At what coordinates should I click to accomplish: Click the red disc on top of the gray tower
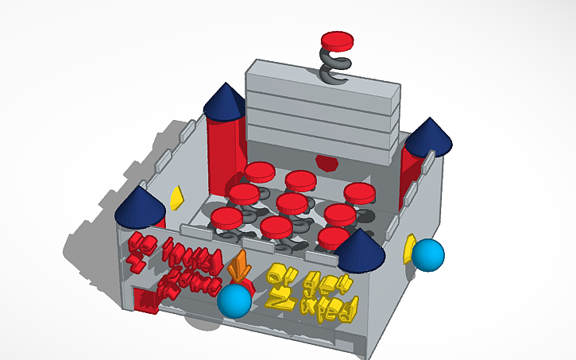point(336,39)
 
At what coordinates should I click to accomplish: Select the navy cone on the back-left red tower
point(224,101)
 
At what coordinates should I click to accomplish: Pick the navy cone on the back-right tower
point(430,136)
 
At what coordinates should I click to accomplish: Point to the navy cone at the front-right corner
point(359,250)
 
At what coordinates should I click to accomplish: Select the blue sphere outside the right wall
point(428,254)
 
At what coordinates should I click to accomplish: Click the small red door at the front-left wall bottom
point(145,300)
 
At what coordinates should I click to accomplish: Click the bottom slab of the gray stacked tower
point(322,143)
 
